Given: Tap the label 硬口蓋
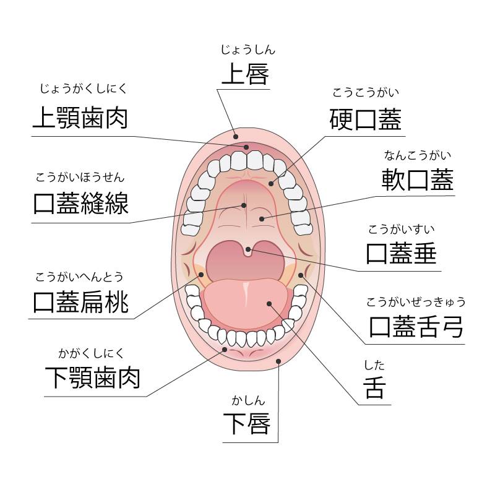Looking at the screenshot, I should click(365, 119).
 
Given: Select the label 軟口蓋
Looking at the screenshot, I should click(418, 179).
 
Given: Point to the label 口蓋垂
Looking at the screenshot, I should click(402, 253).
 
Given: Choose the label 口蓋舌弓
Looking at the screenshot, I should click(416, 325).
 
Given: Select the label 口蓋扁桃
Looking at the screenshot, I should click(81, 302).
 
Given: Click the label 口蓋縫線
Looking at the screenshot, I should click(81, 202).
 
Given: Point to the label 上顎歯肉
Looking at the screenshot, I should click(80, 117).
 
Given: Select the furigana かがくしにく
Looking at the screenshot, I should click(92, 354).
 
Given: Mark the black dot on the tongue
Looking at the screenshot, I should click(269, 303).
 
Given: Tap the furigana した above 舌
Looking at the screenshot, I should click(374, 366).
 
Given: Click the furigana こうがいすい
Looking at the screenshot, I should click(401, 230).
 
